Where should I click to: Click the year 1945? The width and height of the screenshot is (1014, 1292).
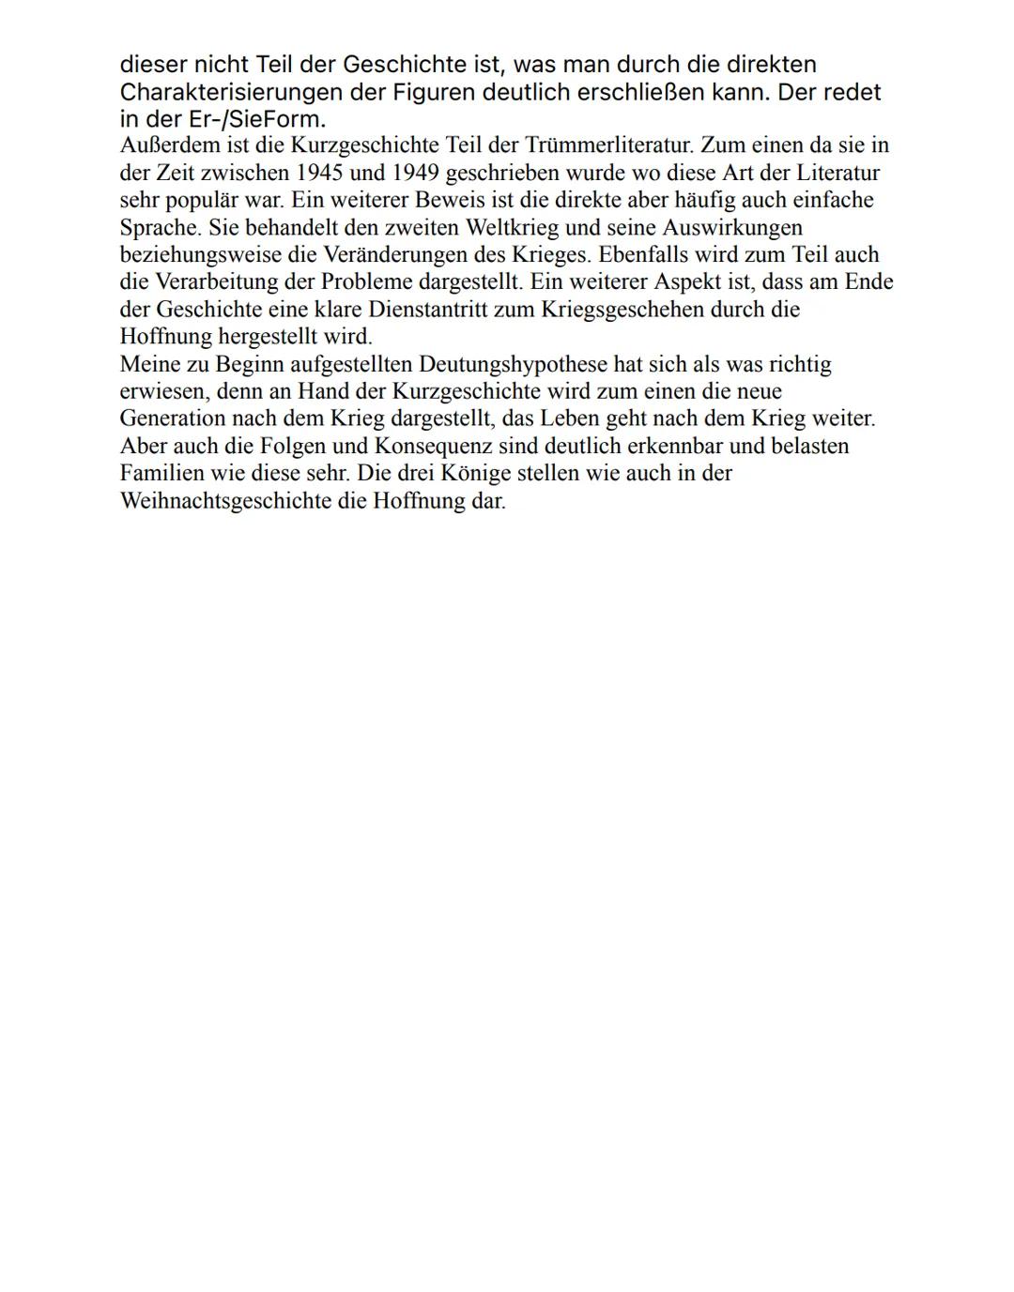click(x=319, y=173)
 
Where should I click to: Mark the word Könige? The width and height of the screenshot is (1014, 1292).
click(x=472, y=473)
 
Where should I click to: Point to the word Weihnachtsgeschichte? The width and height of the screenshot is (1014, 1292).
click(x=242, y=500)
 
